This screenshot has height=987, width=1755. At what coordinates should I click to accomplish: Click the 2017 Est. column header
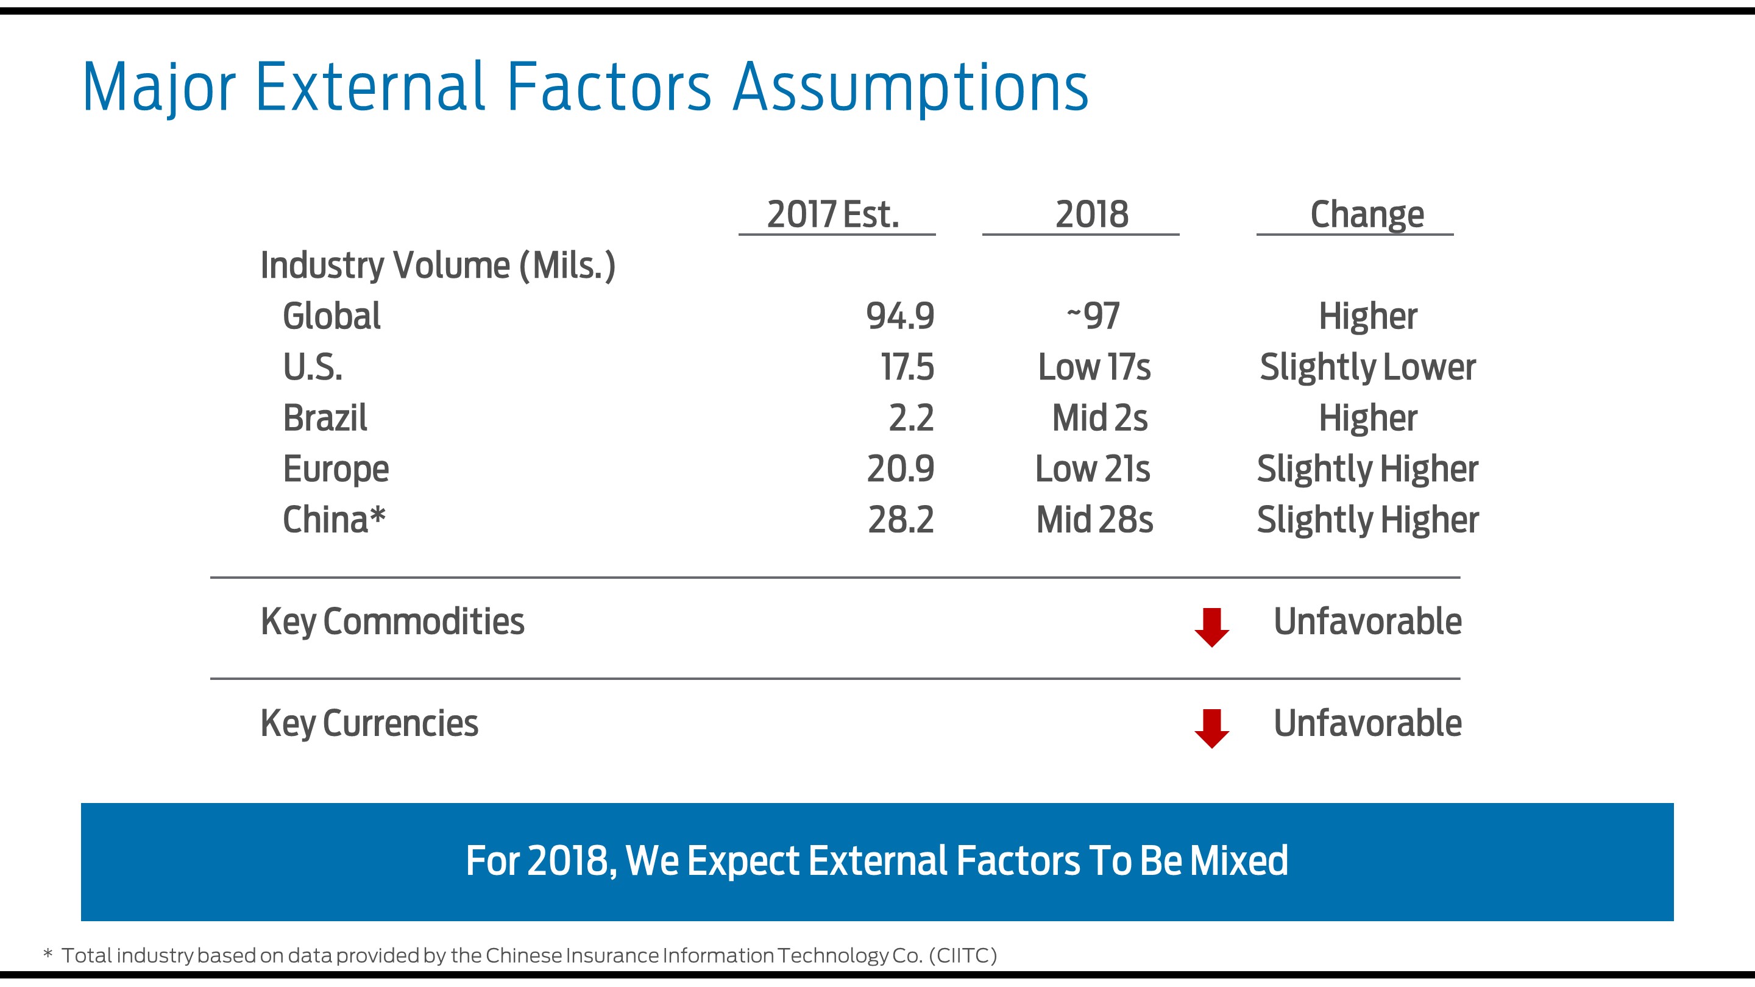point(832,214)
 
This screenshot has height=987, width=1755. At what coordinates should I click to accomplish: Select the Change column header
point(1367,214)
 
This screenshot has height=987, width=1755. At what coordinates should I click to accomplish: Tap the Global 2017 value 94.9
point(899,316)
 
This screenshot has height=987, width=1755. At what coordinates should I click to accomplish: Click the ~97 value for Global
point(1092,316)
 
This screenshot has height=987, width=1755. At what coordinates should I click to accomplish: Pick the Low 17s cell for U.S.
point(1093,367)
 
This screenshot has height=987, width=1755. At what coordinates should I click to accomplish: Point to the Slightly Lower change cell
point(1367,367)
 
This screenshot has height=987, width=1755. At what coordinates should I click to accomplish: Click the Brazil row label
point(324,417)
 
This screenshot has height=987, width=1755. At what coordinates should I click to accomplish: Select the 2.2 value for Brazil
point(910,417)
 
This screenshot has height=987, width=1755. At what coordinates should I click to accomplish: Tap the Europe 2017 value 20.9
point(899,469)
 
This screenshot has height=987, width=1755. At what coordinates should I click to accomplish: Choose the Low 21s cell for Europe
point(1092,469)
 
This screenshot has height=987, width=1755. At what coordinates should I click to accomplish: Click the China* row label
point(333,520)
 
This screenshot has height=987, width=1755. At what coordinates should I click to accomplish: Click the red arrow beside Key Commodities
point(1211,627)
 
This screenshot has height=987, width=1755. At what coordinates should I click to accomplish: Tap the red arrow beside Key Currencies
point(1211,728)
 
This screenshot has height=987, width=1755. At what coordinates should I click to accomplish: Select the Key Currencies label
point(369,723)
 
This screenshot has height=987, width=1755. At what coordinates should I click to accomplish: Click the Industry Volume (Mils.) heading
point(438,265)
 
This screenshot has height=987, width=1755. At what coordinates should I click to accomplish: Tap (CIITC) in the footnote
point(962,956)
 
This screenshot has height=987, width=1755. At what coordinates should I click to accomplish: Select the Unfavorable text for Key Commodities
point(1367,621)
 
